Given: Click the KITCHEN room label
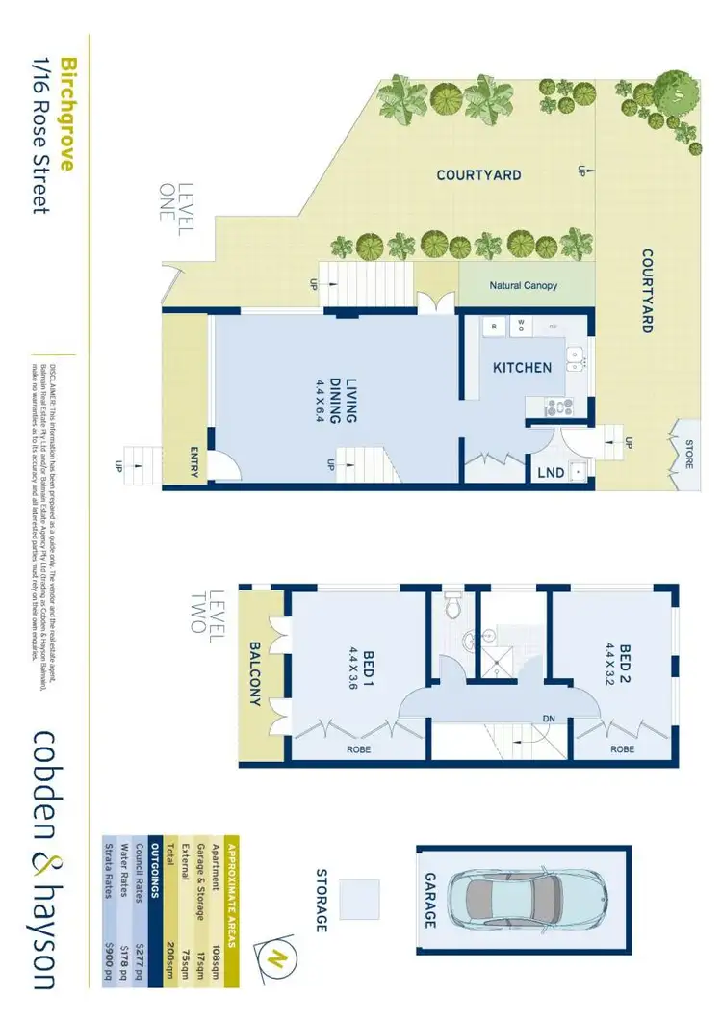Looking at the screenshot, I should [x=523, y=368].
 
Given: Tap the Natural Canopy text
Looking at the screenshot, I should [x=523, y=286].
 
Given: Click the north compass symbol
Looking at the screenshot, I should [x=275, y=958].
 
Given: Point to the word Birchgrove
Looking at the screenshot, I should [x=68, y=113].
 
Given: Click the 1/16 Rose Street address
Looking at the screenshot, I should [x=40, y=134].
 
